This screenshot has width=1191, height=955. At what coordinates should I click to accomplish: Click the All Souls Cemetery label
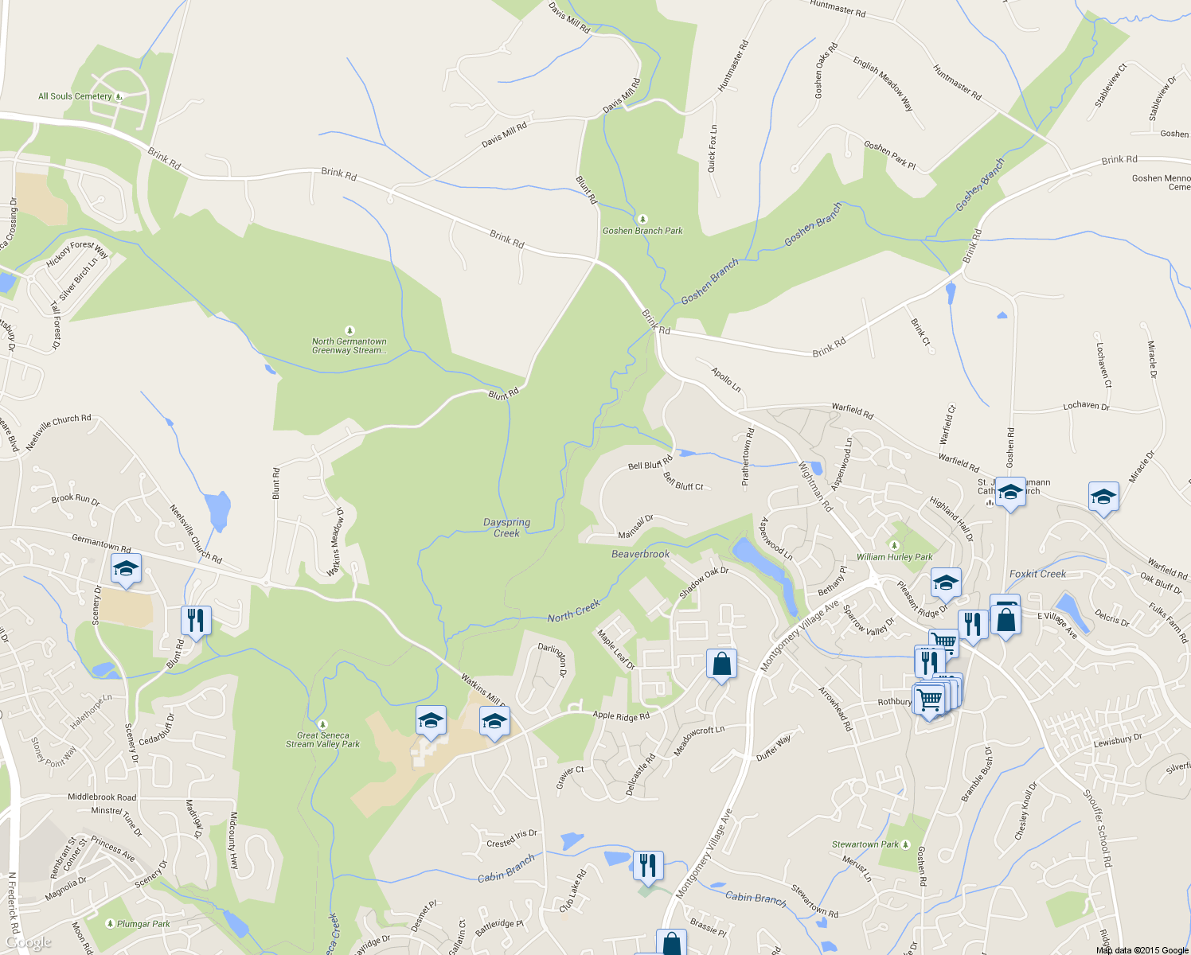click(75, 96)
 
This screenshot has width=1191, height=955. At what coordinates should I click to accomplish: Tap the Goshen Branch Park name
click(642, 231)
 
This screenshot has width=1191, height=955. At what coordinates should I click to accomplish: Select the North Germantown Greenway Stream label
click(349, 346)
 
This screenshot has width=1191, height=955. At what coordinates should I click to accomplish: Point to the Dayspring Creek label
click(506, 528)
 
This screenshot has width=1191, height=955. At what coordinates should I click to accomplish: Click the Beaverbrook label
click(640, 554)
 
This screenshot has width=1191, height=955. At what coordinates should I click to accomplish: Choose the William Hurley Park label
click(894, 557)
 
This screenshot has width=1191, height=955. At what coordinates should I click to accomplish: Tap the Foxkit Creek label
click(1037, 574)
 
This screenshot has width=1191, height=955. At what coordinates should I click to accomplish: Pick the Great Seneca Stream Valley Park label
click(322, 740)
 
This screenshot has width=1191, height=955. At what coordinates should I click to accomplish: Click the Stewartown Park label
click(865, 844)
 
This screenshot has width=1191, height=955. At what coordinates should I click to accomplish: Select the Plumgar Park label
click(143, 924)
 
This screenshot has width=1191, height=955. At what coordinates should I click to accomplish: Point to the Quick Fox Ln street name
click(712, 148)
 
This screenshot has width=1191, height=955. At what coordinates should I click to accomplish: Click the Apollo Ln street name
click(726, 380)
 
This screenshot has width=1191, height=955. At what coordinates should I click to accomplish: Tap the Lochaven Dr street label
click(1086, 406)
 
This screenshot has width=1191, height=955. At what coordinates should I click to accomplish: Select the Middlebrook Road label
click(102, 797)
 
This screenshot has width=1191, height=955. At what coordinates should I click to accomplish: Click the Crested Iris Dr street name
click(512, 838)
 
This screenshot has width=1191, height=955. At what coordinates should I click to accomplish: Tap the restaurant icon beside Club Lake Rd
click(648, 865)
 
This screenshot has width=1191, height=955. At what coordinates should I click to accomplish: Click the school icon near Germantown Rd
click(126, 569)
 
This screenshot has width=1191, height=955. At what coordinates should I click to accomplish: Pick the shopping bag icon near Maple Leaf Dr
click(721, 664)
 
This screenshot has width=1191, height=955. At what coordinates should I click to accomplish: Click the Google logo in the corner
click(28, 943)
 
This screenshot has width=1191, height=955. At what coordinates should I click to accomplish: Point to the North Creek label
click(573, 611)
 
